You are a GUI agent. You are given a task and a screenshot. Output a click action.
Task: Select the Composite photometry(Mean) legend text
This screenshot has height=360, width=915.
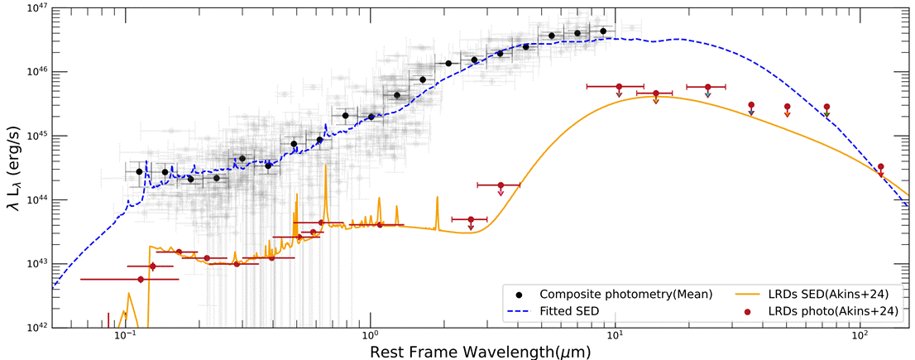click(626, 295)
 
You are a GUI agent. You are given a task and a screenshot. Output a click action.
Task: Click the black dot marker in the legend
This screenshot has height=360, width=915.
click(518, 295)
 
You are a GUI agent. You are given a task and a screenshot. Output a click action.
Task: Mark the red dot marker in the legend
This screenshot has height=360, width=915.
click(747, 311)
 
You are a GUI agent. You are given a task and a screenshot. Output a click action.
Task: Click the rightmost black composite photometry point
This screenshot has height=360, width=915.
click(603, 31)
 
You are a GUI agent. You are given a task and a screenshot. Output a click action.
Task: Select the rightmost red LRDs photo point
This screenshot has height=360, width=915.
click(881, 167)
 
